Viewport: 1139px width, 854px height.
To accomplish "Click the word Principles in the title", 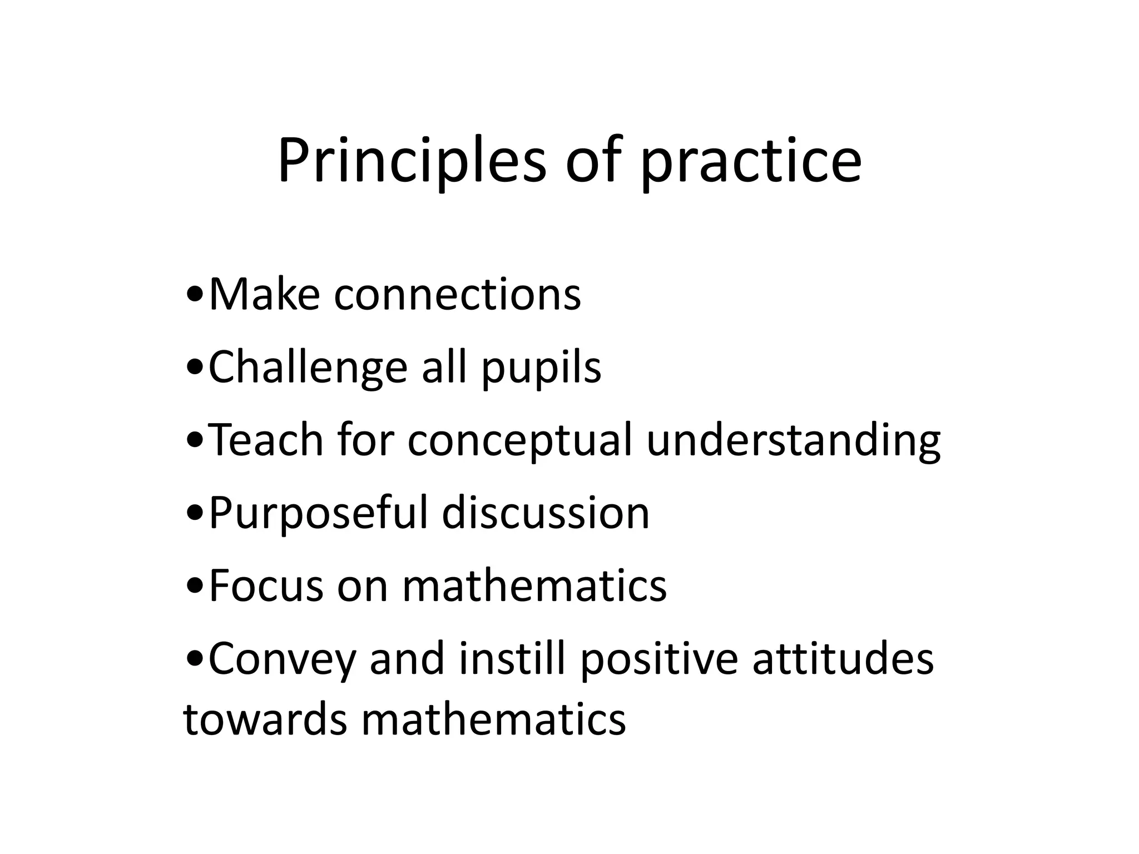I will coord(412,161).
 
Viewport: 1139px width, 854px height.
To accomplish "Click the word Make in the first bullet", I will coord(264,294).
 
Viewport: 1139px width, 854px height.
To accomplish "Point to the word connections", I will coord(457,294).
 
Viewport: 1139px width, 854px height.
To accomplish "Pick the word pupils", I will coord(541,369).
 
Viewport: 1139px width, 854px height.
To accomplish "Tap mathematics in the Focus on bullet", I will coord(534,585).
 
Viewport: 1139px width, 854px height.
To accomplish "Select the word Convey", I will coord(281,659).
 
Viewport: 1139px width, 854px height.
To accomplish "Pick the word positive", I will coord(659,659).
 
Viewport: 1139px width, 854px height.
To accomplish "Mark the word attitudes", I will coord(843,658).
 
